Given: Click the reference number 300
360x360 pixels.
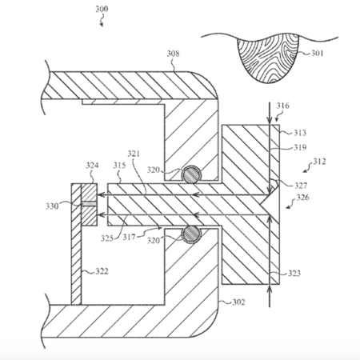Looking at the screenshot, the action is point(102,10).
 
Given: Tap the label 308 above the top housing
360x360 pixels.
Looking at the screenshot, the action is point(173,54).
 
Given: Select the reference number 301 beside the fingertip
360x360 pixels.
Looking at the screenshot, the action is point(317,54).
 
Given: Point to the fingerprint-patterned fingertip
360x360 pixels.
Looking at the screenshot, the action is point(267,58).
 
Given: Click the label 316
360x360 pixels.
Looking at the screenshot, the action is point(282,106).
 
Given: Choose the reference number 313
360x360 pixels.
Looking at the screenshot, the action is point(300,133).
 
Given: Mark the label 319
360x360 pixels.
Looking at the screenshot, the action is point(300,147).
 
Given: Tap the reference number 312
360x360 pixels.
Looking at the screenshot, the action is point(319,162).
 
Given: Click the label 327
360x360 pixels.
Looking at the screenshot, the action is point(301,186).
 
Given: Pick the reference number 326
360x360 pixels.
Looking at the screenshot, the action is point(303,198).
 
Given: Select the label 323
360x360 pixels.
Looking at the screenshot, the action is point(294,274).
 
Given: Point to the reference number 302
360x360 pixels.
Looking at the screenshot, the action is point(238,302).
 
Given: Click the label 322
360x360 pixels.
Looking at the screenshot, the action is point(102,271).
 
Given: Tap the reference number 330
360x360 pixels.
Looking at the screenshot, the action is point(52,206).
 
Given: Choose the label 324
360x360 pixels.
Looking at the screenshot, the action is point(92,166).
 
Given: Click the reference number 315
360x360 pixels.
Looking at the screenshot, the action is point(119,166).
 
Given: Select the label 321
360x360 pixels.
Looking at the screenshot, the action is point(134,154).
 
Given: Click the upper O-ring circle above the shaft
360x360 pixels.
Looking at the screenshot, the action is point(191,175).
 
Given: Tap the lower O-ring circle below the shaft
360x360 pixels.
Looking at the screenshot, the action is point(191,234).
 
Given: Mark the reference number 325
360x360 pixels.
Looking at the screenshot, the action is point(107,238).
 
